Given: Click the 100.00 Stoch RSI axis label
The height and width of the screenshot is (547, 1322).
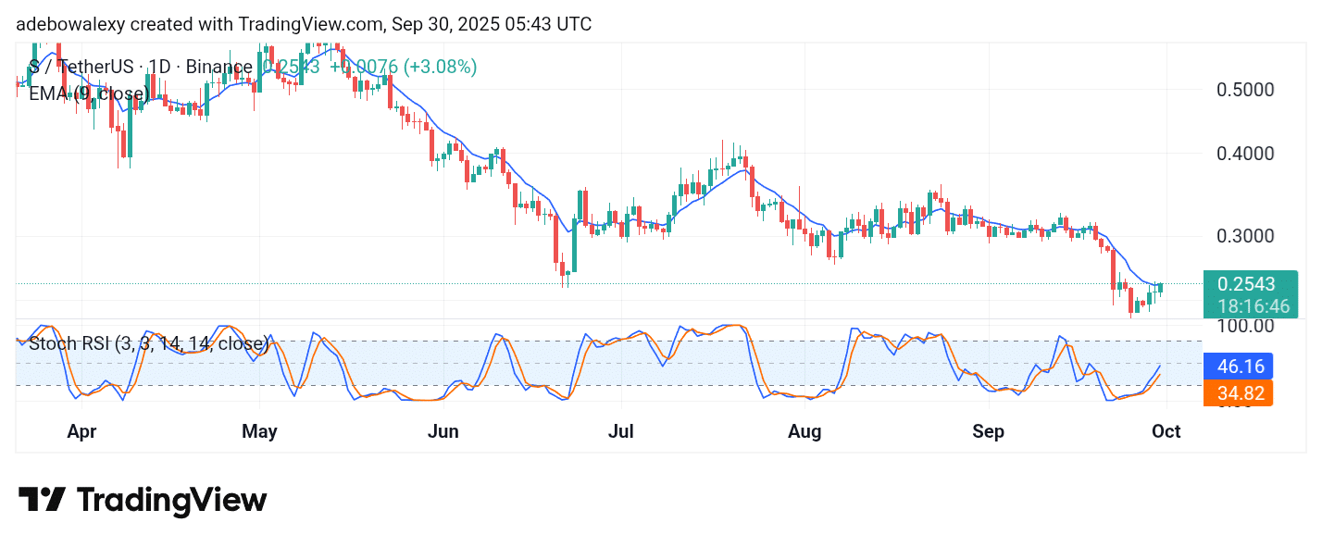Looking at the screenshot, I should pos(1246,326).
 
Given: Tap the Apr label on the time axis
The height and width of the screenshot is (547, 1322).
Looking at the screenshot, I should pos(82,431).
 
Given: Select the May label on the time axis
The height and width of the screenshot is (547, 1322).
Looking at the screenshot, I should pos(259,431).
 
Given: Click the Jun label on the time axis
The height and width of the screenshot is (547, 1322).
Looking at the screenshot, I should pos(444,431).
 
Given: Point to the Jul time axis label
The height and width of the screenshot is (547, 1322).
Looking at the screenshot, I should pos(622,431).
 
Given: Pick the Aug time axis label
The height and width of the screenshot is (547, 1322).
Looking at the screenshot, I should pos(805,431).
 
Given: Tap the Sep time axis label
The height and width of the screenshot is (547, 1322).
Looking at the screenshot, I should pos(990,431).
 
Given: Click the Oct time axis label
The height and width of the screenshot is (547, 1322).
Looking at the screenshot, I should pos(1166,431).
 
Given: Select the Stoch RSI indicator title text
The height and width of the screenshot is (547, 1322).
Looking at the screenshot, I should pos(148,344).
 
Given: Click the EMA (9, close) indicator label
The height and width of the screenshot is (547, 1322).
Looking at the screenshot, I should pos(89,93).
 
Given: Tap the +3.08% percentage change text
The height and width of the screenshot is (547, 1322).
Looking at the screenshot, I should pos(442,67).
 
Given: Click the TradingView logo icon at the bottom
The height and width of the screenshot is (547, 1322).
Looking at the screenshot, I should pos(42,501).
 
